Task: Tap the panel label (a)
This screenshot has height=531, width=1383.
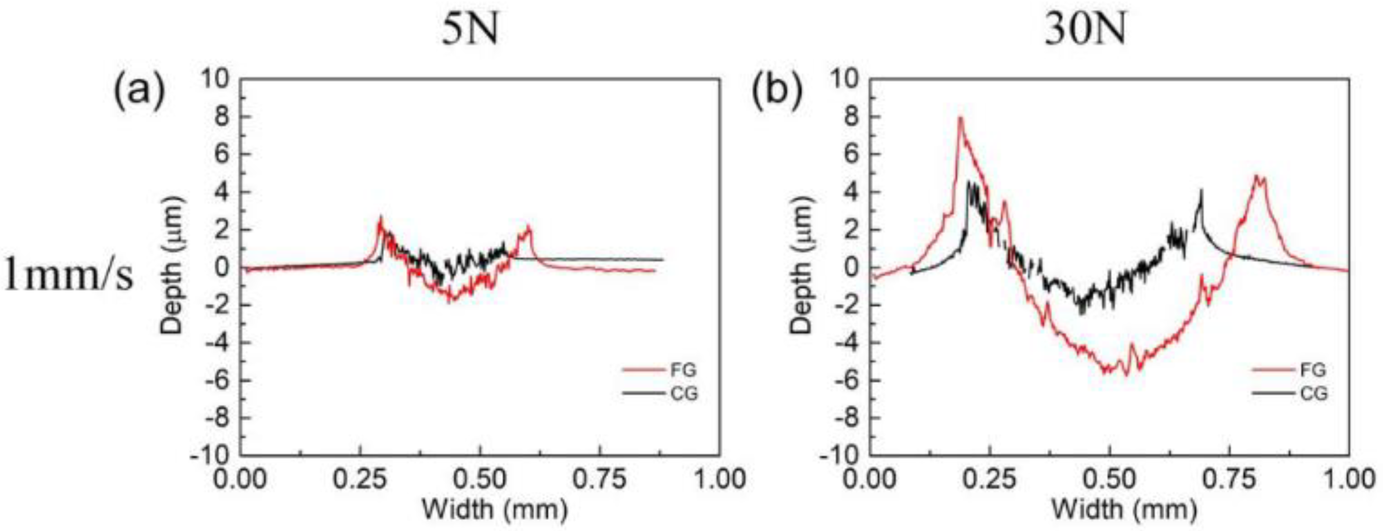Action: [138, 91]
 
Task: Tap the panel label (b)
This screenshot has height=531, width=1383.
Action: [776, 91]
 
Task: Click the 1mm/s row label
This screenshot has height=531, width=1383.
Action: [69, 278]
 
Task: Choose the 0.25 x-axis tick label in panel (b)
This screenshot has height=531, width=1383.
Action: [989, 479]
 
